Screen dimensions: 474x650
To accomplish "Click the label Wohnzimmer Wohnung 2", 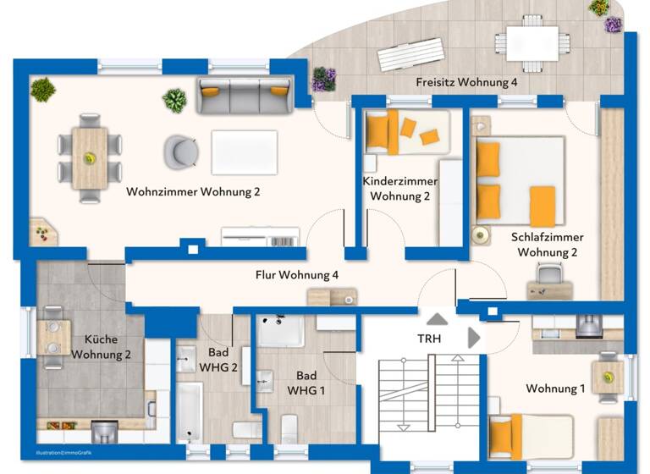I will pyautogui.click(x=193, y=192).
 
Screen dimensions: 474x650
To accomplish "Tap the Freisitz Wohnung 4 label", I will pyautogui.click(x=466, y=83).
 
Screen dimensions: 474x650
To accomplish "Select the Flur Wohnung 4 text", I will pyautogui.click(x=297, y=275).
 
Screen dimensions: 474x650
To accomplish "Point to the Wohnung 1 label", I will pyautogui.click(x=555, y=389).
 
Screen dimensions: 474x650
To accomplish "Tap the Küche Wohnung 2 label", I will pyautogui.click(x=101, y=346).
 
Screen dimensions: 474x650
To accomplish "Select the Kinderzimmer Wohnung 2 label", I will pyautogui.click(x=399, y=189).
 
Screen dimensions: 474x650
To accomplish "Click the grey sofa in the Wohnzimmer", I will pyautogui.click(x=244, y=95).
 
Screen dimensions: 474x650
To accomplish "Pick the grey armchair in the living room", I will pyautogui.click(x=180, y=152).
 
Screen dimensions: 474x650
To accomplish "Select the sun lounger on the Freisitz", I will pyautogui.click(x=410, y=56).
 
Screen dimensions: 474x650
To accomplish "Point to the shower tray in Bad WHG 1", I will pyautogui.click(x=280, y=331).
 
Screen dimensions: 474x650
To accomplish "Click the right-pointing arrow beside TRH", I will pyautogui.click(x=474, y=338).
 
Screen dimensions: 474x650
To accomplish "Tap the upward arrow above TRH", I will pyautogui.click(x=437, y=319).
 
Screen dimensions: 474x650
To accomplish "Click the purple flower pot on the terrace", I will pyautogui.click(x=322, y=80).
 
